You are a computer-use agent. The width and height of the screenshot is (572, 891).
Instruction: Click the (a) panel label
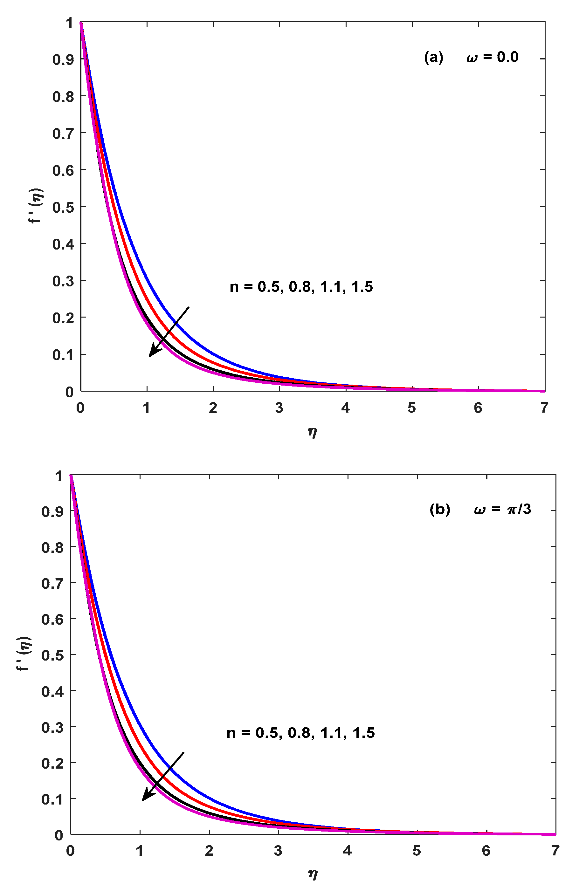[433, 58]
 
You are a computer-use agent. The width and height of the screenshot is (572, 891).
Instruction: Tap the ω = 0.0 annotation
[492, 58]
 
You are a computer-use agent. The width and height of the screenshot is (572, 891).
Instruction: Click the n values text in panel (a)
[301, 287]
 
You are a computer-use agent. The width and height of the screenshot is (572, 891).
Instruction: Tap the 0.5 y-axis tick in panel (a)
[63, 207]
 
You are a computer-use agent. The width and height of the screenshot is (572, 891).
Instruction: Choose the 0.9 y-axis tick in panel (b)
[52, 511]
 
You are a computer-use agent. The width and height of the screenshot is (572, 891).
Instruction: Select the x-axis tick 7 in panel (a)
[544, 408]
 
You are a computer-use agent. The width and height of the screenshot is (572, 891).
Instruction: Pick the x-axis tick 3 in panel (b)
[278, 850]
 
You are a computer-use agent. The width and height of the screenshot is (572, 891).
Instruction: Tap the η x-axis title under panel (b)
[313, 874]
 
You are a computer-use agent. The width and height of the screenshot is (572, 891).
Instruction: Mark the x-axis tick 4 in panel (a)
[345, 408]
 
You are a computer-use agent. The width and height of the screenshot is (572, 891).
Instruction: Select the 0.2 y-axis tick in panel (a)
[63, 318]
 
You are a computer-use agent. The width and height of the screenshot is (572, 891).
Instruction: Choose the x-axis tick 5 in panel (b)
[417, 850]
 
